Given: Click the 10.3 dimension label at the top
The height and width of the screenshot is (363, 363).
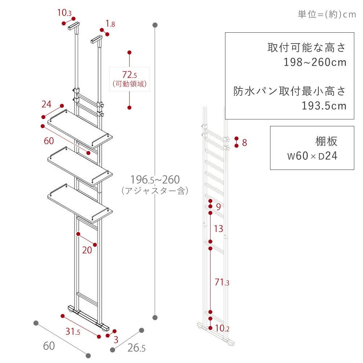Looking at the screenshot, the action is click(64, 13).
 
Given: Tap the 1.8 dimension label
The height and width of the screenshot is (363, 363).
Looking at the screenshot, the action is click(110, 24).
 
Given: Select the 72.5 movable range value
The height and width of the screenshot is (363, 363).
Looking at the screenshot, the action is click(130, 75).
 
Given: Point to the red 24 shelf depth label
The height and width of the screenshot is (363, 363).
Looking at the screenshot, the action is click(46, 105).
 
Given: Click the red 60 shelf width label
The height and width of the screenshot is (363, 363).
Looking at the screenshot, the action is click(49, 141).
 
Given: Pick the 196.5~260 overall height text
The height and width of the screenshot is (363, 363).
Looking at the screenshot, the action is click(155, 180).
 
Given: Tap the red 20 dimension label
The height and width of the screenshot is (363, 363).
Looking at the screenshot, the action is click(87, 250).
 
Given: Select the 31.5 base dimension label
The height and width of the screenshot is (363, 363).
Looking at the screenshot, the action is click(73, 331).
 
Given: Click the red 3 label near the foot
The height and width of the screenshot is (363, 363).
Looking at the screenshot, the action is click(116, 340).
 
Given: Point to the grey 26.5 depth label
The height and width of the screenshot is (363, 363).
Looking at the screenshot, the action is click(136, 348).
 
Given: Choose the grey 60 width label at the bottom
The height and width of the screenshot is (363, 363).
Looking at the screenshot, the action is click(49, 346).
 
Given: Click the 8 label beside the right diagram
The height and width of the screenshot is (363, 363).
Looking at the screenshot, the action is click(244, 143).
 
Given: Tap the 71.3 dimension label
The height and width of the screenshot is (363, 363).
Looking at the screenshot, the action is click(222, 282).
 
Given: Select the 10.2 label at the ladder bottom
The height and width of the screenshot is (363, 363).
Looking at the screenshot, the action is click(222, 328).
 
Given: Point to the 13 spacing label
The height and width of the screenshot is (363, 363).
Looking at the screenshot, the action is click(218, 229).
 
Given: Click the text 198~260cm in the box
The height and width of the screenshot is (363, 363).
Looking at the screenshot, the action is click(315, 62).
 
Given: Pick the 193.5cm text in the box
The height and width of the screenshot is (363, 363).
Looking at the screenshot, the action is click(324, 106).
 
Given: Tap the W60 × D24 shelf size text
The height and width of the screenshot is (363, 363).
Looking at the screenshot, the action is click(312, 156).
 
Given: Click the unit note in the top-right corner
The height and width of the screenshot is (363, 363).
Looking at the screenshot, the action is click(327, 15).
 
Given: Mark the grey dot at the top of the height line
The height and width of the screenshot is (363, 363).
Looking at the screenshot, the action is click(155, 25).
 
